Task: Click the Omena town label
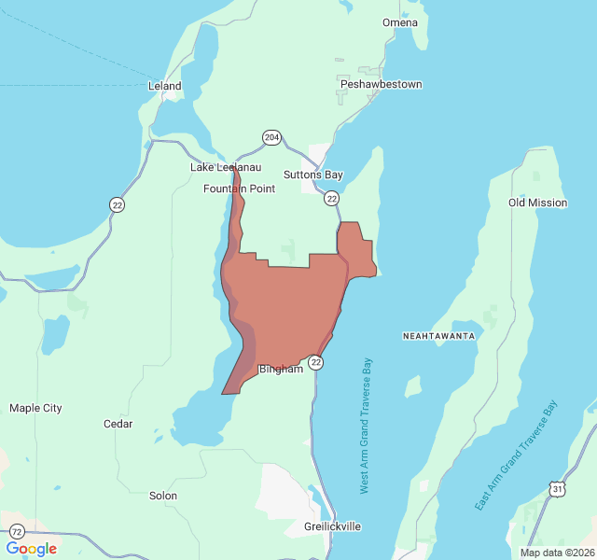400,22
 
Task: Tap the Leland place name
165,86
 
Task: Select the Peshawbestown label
381,84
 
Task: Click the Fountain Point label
240,189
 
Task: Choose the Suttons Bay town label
313,175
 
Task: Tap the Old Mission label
537,203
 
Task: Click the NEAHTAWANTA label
439,335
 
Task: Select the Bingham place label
281,369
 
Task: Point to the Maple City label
35,408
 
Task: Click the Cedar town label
118,424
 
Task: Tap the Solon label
163,496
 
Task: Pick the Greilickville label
333,526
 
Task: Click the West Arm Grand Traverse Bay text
366,426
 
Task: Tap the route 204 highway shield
271,137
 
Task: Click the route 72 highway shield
18,531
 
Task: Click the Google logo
31,549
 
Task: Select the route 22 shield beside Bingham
316,362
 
